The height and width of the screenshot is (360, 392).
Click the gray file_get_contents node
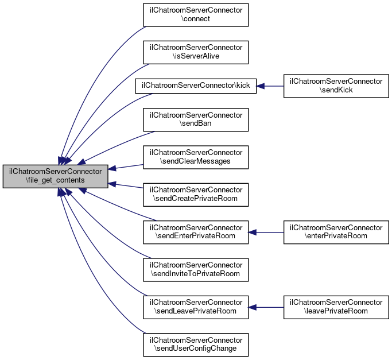(x=55, y=176)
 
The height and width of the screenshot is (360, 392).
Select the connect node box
(x=196, y=14)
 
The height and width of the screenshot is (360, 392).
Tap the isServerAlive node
(x=196, y=52)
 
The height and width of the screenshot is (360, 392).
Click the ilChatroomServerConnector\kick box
(x=196, y=86)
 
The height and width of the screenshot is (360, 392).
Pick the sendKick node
(x=336, y=86)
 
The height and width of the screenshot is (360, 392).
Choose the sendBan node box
(x=196, y=119)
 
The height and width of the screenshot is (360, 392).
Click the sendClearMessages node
(x=196, y=157)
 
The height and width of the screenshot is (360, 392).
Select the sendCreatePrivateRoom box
(x=196, y=195)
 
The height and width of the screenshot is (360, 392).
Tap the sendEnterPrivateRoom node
(x=196, y=232)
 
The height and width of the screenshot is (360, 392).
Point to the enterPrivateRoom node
(x=336, y=232)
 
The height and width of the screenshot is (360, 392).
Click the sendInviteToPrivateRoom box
(x=196, y=270)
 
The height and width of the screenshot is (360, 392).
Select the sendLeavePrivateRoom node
(x=196, y=307)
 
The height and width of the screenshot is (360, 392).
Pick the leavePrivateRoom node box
(x=336, y=307)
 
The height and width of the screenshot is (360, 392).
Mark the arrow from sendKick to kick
(x=270, y=86)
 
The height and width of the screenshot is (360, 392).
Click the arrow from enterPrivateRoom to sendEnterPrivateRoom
(x=267, y=232)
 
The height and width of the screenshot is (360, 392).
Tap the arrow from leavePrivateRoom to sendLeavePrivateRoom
(x=267, y=307)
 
